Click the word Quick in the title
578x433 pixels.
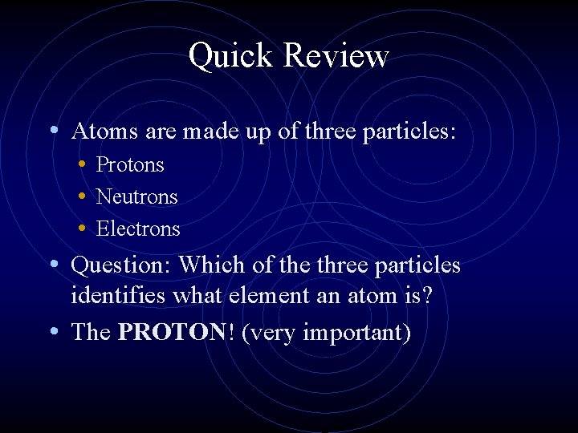pos(231,56)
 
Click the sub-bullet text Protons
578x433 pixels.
pos(130,165)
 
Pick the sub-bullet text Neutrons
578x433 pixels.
pos(136,196)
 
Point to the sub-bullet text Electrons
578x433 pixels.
pos(138,229)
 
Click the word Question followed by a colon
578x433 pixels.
pos(121,265)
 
